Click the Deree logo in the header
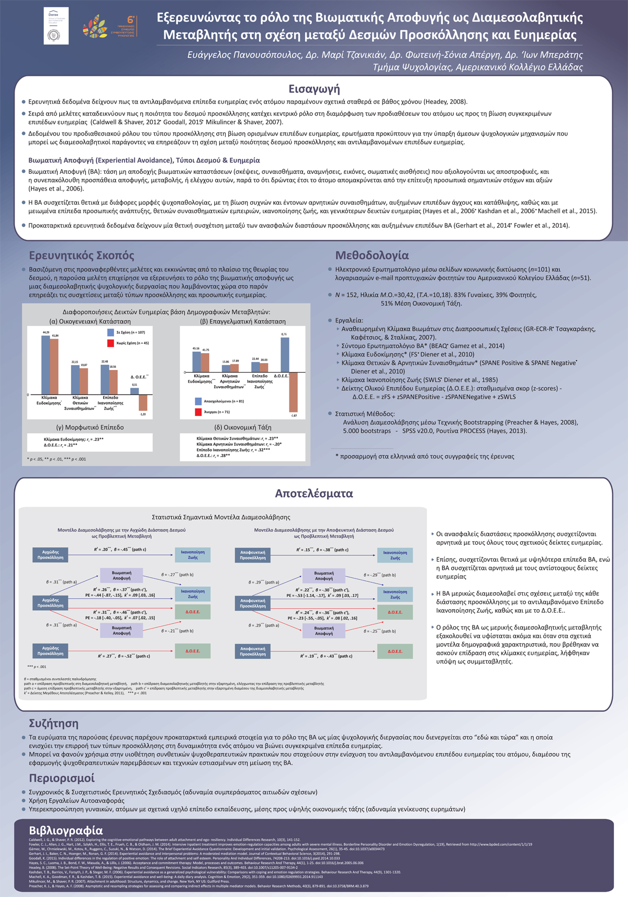[x=56, y=26]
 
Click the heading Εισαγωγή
[x=314, y=89]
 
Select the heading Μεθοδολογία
[x=372, y=255]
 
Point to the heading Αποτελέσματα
[x=314, y=493]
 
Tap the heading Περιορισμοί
[x=62, y=778]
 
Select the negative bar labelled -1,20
[x=143, y=402]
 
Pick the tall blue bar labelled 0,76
[x=284, y=355]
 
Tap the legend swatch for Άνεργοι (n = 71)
[x=198, y=412]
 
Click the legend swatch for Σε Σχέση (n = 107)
[x=110, y=332]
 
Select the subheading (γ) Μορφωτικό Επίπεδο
[x=89, y=427]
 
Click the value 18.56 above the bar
[x=113, y=367]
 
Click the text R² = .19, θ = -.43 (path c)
[x=326, y=656]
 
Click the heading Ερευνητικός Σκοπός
[x=82, y=255]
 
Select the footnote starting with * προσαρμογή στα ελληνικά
[x=424, y=456]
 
